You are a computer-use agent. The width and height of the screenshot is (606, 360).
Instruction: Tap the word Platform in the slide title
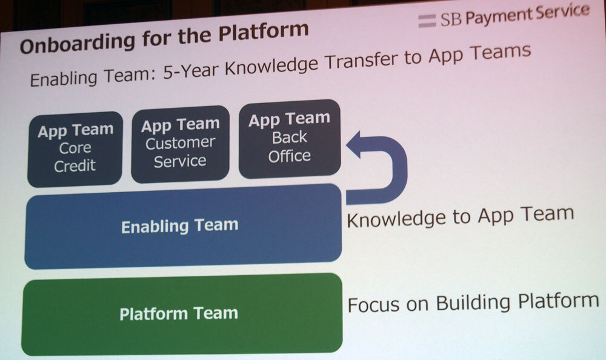click(x=264, y=31)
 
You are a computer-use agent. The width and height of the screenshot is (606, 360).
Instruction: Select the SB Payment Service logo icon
click(x=427, y=21)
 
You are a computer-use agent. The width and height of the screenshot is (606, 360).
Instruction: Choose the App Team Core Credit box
click(x=75, y=148)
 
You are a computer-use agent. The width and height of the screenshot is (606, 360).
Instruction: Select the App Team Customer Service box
click(x=180, y=144)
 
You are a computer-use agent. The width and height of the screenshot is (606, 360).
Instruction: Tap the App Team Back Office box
click(x=290, y=138)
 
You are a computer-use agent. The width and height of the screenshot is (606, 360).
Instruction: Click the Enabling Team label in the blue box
click(x=180, y=226)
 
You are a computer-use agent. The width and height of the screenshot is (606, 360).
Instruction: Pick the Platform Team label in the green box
click(x=179, y=313)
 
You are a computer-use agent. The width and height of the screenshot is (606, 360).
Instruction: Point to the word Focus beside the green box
click(x=373, y=305)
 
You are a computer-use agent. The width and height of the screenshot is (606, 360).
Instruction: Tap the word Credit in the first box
click(x=75, y=166)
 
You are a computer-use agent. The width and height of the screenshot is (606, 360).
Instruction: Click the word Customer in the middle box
click(x=180, y=143)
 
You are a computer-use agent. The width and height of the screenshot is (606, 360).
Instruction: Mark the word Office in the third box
click(x=290, y=156)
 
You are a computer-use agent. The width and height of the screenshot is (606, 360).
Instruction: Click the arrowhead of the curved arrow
click(x=354, y=145)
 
